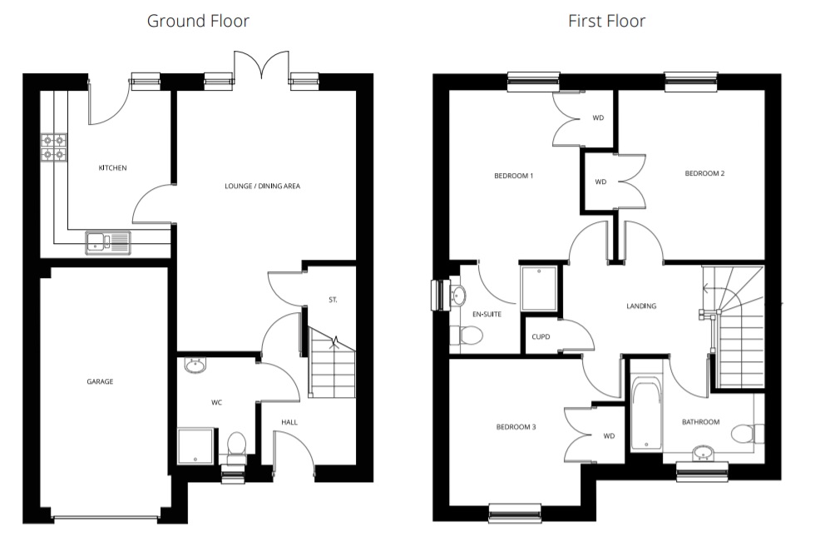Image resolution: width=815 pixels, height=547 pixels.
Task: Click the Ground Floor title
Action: coord(198,21)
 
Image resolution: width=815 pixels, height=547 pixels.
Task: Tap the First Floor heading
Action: coord(606,21)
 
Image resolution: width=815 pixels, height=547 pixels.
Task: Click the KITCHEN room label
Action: coord(113,167)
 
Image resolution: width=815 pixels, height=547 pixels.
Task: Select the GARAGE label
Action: coord(100,381)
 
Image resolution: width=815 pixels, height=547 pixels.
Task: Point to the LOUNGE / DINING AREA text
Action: coord(263,186)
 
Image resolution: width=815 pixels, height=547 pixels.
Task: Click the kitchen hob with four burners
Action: coord(54,147)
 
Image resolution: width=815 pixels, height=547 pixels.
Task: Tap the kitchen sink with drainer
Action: coord(108,243)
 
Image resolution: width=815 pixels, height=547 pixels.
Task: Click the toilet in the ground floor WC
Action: coord(237,446)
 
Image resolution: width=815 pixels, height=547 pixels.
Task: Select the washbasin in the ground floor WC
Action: coord(195,365)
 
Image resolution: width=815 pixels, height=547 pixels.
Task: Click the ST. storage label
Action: coord(333,300)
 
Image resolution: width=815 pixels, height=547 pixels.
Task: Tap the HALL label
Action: coord(289,422)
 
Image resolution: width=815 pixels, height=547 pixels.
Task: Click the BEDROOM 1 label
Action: coord(514,176)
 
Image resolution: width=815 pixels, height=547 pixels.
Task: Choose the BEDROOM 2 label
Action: coord(704,173)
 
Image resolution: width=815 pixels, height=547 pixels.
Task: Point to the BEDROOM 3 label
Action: coord(516,427)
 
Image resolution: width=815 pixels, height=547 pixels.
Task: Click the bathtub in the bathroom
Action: coord(647,416)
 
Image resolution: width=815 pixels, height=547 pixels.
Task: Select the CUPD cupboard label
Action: coord(541,336)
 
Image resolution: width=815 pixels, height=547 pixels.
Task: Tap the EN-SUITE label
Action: coord(487,314)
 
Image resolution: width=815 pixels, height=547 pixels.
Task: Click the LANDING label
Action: coord(641,306)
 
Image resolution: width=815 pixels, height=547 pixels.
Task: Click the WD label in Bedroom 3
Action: coord(609,436)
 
